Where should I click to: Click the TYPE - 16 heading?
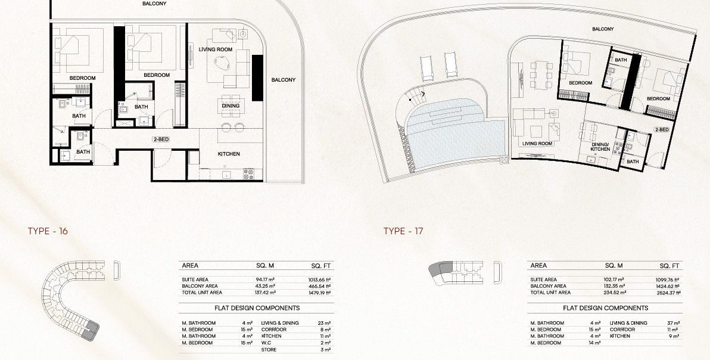48,231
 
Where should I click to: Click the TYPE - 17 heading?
403,231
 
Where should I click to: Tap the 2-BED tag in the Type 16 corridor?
161,139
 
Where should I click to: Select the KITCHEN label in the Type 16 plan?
229,154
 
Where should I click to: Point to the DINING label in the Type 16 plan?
231,106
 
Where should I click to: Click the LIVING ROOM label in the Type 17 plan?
537,144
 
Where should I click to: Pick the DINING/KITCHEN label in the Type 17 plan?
600,147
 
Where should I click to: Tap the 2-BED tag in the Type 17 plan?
662,129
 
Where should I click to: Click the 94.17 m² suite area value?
265,280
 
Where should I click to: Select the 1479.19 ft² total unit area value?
319,293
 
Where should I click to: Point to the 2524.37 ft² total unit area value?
669,293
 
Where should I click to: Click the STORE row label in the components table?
269,350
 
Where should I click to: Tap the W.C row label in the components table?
266,343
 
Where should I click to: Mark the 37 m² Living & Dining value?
673,323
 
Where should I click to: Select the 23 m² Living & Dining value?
324,323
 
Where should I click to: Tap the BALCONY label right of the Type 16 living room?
284,80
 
